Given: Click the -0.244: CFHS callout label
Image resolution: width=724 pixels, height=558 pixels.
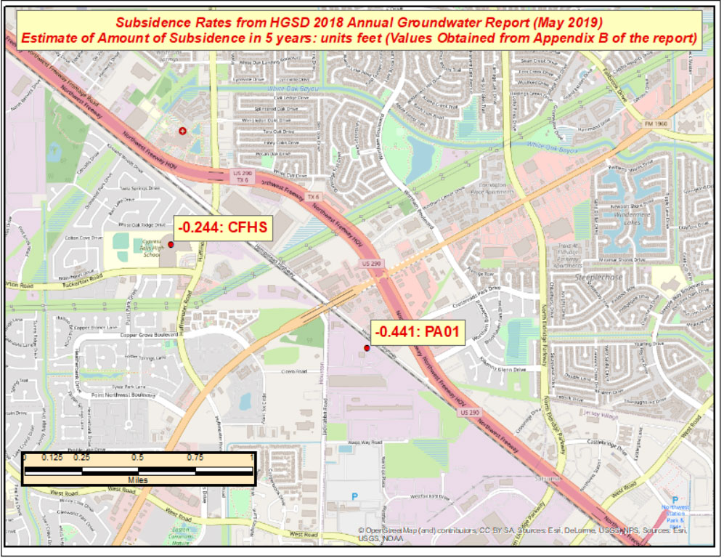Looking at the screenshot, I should (222, 227).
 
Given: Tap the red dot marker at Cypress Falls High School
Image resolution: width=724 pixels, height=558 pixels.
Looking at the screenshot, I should (171, 245).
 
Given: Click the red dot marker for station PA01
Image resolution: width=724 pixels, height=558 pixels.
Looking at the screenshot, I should (367, 349).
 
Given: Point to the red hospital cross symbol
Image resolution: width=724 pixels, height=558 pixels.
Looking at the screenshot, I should (182, 131).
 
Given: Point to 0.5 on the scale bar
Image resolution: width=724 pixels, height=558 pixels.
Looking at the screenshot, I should (139, 458).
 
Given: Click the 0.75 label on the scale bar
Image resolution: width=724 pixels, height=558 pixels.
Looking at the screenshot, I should (195, 458).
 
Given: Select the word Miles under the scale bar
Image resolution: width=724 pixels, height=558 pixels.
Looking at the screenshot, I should (138, 480).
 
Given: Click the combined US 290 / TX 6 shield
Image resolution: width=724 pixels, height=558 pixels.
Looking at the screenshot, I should (242, 176).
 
